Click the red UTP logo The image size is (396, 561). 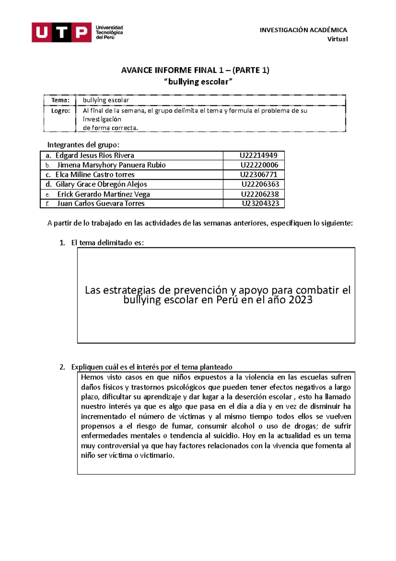(x=61, y=32)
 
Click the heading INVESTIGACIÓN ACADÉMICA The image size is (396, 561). (x=303, y=30)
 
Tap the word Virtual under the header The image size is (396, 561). (x=337, y=39)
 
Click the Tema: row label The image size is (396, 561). (x=60, y=100)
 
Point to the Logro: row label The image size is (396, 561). (x=60, y=111)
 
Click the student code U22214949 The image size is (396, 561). (x=258, y=155)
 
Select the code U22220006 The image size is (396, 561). (x=259, y=165)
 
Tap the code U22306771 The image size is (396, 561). (x=258, y=174)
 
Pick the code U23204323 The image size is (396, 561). (x=260, y=204)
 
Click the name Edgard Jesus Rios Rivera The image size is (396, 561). (x=94, y=155)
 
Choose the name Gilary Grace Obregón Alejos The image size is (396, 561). (x=101, y=184)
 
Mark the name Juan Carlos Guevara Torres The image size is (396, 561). (x=101, y=204)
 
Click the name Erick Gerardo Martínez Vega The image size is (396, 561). (x=103, y=194)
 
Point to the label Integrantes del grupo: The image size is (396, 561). (x=83, y=145)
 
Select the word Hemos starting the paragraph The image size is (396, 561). (x=92, y=377)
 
